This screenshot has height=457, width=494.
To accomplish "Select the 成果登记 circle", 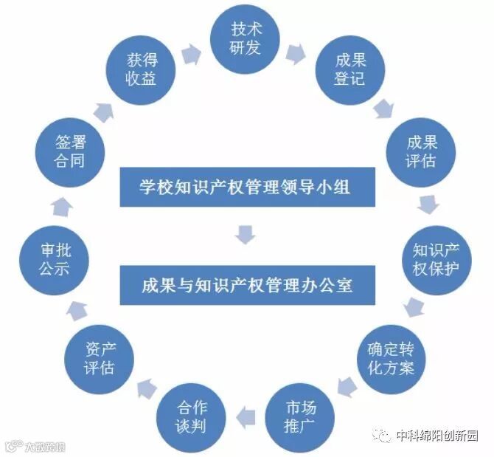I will pos(349,68).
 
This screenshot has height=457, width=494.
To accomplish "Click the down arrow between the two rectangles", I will pos(246,236).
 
